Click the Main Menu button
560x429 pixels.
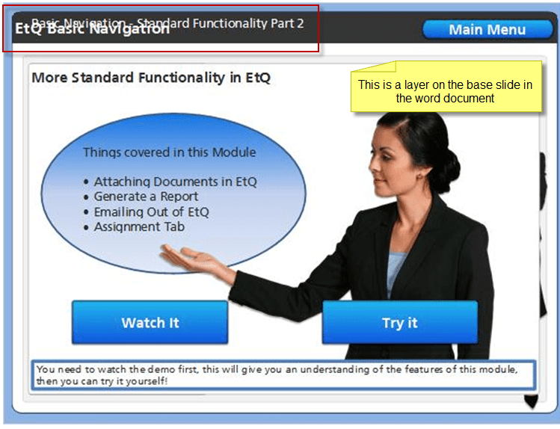coord(487,30)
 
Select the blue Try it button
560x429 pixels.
coord(399,323)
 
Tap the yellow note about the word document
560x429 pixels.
coord(445,91)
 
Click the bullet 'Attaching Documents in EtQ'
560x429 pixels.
coord(175,182)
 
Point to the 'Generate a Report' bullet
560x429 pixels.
coord(146,197)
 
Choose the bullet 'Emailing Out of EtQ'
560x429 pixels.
coord(151,212)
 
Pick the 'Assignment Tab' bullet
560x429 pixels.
coord(139,226)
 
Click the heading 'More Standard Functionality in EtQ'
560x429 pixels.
coord(150,78)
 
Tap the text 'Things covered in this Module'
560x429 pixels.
coord(169,152)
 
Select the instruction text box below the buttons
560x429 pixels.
coord(284,375)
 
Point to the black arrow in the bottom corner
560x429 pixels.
coord(532,402)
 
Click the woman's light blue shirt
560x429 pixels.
coord(397,270)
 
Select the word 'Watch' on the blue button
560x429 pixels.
coord(141,323)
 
